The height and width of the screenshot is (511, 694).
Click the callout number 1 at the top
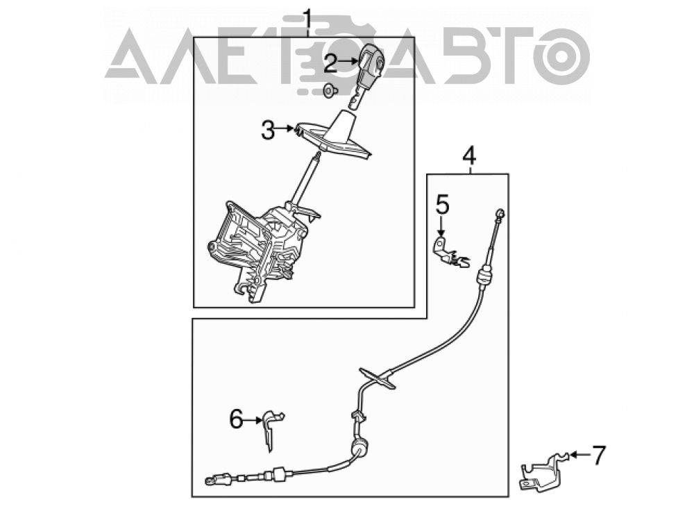[x=307, y=22]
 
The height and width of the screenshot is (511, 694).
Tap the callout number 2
[x=330, y=63]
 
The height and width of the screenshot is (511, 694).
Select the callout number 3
[x=268, y=130]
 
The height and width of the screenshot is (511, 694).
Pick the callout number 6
[x=237, y=419]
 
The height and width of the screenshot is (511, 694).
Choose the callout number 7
[x=598, y=455]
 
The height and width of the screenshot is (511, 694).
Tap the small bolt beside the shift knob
[x=329, y=90]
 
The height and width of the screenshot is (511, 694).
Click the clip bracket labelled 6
[x=271, y=430]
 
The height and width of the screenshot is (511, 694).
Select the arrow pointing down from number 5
[x=441, y=226]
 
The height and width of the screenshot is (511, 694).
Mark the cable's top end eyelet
[x=500, y=212]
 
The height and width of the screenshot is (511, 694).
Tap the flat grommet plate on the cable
[x=377, y=378]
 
